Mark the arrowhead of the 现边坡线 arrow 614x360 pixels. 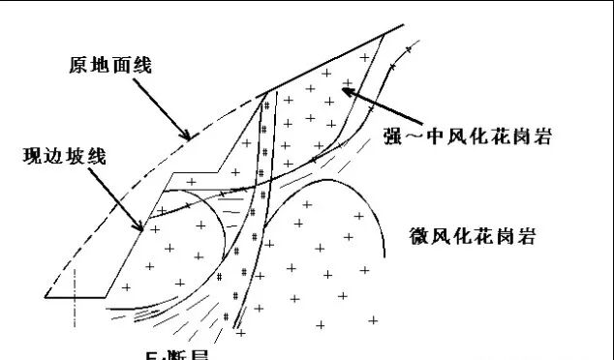[x=143, y=228]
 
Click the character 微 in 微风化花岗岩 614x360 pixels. [x=411, y=236]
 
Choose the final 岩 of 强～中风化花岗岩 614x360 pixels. [x=542, y=135]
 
